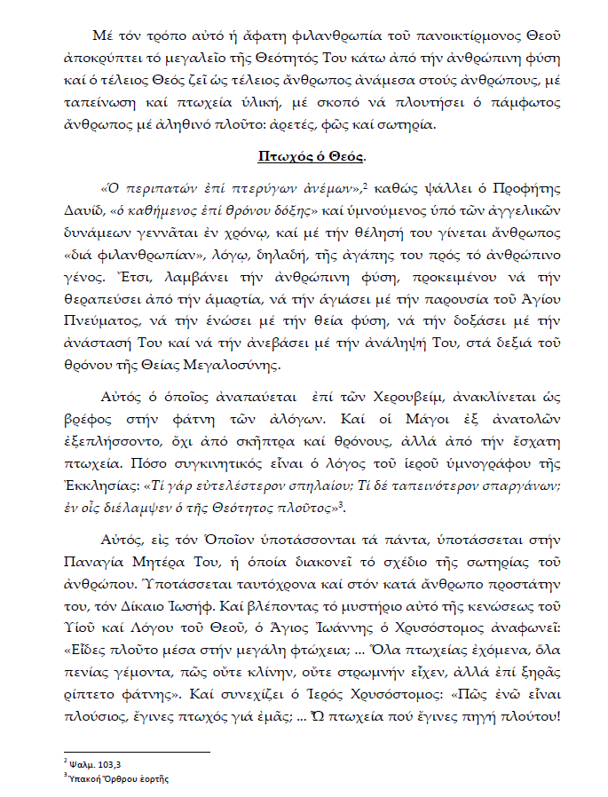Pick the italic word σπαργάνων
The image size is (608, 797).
tap(520, 486)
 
